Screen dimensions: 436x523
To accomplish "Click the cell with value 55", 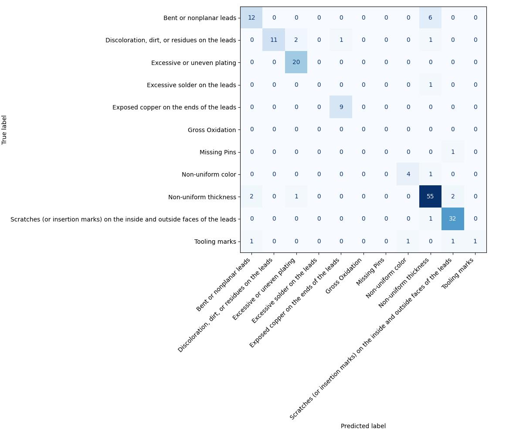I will tap(430, 197).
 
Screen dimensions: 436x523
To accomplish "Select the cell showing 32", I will tap(452, 219).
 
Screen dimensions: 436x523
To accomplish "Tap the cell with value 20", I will tap(296, 62).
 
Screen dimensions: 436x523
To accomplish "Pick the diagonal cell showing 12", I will tap(251, 18).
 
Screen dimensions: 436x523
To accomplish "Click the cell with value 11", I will tap(274, 40).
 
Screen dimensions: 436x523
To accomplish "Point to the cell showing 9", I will tap(341, 107).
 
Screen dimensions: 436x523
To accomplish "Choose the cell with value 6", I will tap(430, 18).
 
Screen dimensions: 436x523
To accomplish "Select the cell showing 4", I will tap(408, 174).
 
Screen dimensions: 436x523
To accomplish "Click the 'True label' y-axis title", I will tap(5, 129).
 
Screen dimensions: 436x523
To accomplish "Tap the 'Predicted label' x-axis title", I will tap(363, 426).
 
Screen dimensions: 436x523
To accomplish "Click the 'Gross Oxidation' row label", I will tap(212, 130).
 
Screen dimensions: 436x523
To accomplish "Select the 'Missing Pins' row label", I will tap(217, 152).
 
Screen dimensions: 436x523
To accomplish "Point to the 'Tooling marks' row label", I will tap(215, 242).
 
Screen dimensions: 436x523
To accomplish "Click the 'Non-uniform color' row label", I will tap(209, 174).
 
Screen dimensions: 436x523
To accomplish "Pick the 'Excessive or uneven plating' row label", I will tap(194, 63).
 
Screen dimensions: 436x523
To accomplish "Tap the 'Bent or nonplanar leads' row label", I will tap(200, 18).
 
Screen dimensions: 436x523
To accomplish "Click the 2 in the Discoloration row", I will tap(296, 40).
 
